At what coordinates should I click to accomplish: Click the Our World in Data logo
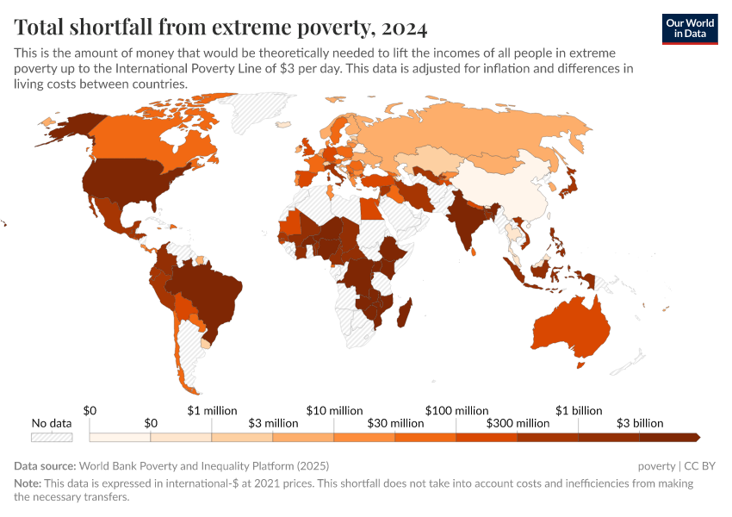(690, 28)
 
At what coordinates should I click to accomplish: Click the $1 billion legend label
(579, 410)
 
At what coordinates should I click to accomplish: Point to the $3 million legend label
(273, 423)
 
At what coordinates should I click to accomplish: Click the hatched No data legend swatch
(51, 438)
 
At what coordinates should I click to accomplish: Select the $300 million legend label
(518, 423)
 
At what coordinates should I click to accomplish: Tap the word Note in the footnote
(28, 483)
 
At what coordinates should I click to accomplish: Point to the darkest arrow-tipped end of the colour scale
(694, 438)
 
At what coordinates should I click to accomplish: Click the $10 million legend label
(335, 410)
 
